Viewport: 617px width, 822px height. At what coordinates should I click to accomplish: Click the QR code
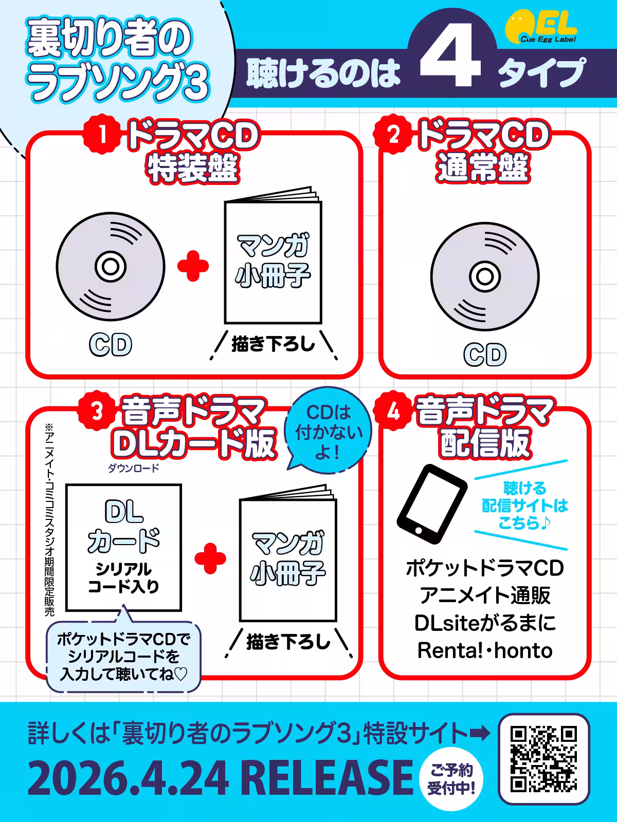click(x=544, y=759)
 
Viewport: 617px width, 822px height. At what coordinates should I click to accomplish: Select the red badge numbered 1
click(x=102, y=135)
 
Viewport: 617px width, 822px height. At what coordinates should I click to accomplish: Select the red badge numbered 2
click(x=393, y=135)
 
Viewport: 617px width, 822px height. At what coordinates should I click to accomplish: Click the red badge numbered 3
click(x=97, y=412)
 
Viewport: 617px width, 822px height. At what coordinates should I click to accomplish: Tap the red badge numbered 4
click(x=393, y=412)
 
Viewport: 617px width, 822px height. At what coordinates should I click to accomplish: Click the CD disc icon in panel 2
click(x=485, y=277)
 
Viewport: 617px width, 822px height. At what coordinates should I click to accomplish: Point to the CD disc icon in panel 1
click(x=111, y=267)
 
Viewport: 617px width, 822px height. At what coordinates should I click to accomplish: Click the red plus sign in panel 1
click(x=193, y=266)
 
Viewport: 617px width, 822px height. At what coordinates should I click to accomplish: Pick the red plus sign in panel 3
click(x=210, y=558)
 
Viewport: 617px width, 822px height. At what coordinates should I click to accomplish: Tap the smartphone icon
click(x=432, y=505)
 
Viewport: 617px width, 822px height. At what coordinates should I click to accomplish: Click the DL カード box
click(x=124, y=548)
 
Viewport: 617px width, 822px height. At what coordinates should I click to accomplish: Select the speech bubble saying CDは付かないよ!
click(x=328, y=431)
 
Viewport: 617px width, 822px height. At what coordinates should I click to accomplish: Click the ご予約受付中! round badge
click(x=451, y=779)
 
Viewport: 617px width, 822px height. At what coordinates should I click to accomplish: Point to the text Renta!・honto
click(x=485, y=650)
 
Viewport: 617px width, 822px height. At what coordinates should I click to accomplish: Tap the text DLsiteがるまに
click(x=485, y=623)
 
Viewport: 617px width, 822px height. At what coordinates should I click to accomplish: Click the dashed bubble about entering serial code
click(x=123, y=657)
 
